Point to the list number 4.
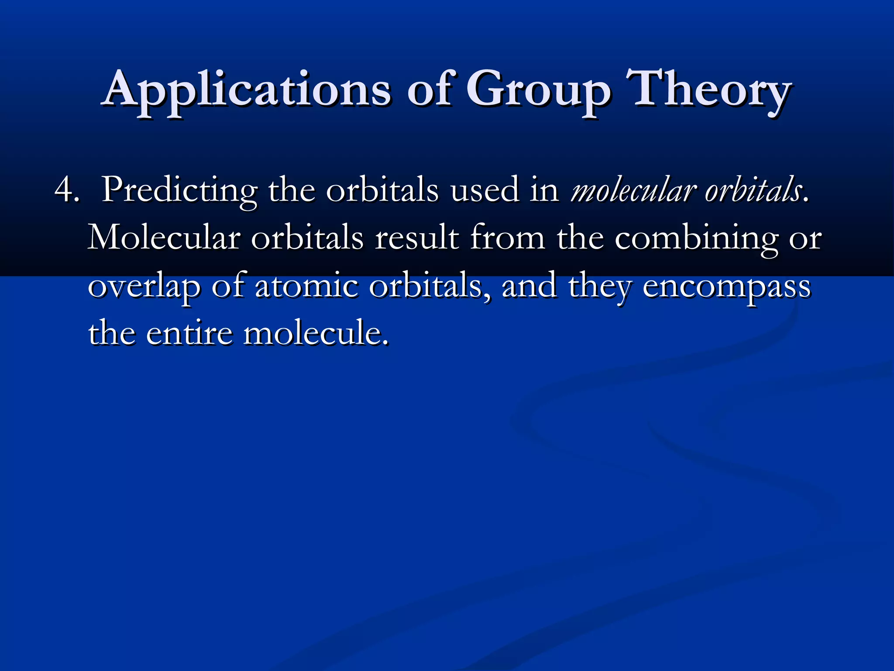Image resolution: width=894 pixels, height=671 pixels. pos(66,190)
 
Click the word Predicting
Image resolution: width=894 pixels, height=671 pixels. pos(179,190)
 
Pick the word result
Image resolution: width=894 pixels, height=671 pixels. pos(416,239)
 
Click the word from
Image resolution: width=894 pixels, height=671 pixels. pos(507,239)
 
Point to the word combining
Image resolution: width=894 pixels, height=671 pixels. pos(696,239)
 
